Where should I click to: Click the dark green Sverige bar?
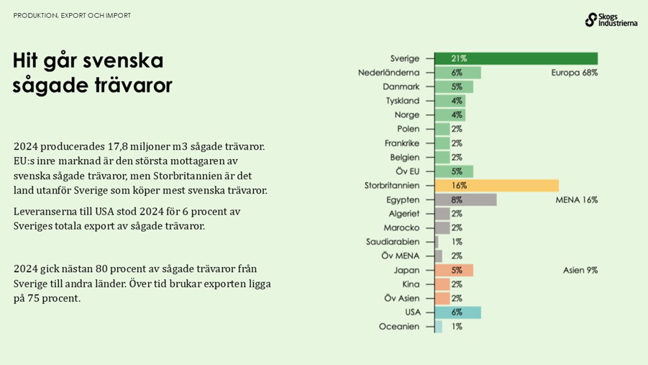coord(516,58)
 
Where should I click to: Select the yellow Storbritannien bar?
coord(496,185)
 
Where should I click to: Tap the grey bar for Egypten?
coord(465,199)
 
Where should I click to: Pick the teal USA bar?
coord(457,312)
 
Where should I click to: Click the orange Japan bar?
coord(454,270)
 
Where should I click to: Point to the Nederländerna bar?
coord(457,73)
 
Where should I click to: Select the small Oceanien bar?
coord(439,326)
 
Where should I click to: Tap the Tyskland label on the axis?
coord(403,101)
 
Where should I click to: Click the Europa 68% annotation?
coord(574,73)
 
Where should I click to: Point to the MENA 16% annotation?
coord(576,199)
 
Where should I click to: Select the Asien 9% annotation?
coord(580,270)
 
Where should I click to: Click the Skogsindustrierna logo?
coord(611,19)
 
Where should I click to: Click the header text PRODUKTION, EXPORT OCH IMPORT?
coord(72,15)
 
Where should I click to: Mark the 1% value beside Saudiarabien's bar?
coord(457,242)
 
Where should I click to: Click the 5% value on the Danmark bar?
coord(457,86)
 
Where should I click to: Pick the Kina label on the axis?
coord(411,284)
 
